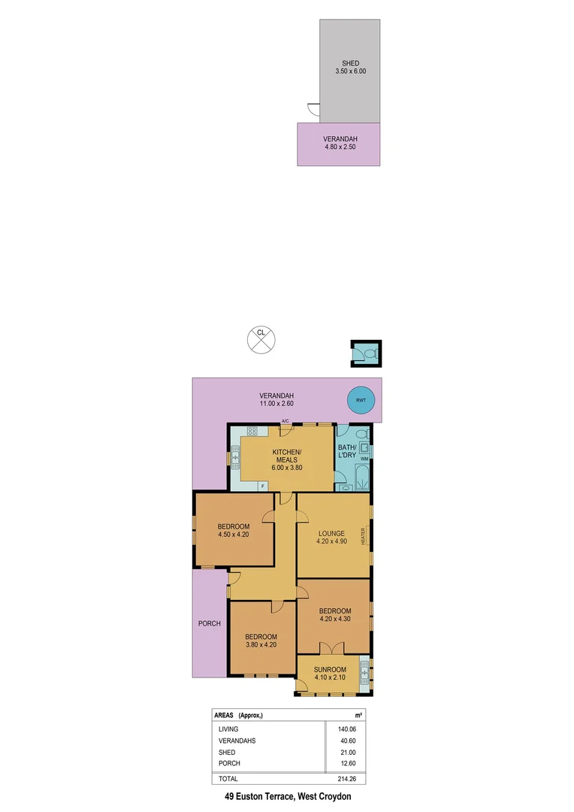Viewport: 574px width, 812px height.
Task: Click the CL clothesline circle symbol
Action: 261,339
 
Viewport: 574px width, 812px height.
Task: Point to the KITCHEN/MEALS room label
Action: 284,455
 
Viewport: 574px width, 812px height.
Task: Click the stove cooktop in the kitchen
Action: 252,432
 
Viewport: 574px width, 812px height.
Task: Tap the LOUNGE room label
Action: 331,534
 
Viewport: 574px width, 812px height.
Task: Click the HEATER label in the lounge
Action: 363,537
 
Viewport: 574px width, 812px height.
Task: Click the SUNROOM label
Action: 330,670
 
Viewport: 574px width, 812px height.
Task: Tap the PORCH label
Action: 209,624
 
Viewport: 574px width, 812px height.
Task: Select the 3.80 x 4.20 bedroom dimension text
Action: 261,645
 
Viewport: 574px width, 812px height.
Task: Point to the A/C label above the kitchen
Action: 285,420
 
